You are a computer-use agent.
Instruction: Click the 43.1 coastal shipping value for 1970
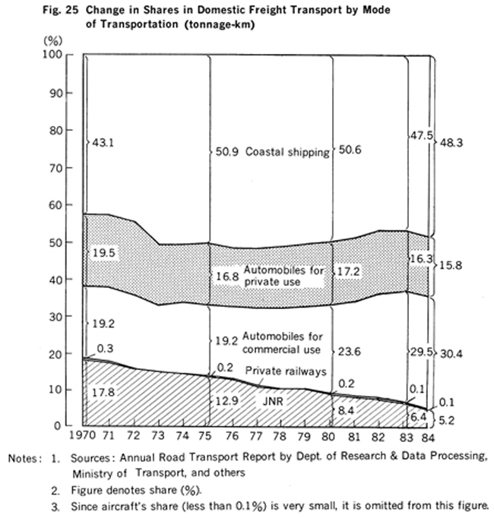tap(103, 143)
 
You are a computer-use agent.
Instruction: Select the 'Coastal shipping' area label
tap(287, 152)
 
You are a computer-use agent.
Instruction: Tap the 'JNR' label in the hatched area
tap(273, 401)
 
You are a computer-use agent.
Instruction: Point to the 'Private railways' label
tap(286, 371)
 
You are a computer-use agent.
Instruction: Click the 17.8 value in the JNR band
tap(103, 392)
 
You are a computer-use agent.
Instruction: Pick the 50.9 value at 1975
tap(226, 152)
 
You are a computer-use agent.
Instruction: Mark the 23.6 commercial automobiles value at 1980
tap(349, 352)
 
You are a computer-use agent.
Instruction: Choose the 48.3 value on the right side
tap(451, 143)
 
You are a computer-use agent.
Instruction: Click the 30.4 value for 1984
tap(451, 354)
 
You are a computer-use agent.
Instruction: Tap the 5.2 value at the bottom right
tap(446, 421)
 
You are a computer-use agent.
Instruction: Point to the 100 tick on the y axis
tap(52, 54)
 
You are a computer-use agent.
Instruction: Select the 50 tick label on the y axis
tap(56, 242)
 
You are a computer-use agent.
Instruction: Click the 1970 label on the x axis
tap(82, 435)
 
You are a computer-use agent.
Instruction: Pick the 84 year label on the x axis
tap(428, 437)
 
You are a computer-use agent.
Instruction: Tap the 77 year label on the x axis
tap(255, 437)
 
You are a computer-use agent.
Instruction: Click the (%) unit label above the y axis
tap(53, 40)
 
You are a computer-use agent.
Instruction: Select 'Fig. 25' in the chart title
tap(61, 10)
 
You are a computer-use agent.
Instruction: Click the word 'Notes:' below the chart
tap(25, 459)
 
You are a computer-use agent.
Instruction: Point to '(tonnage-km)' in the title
tap(220, 24)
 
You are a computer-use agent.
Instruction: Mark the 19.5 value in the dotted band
tap(104, 253)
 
